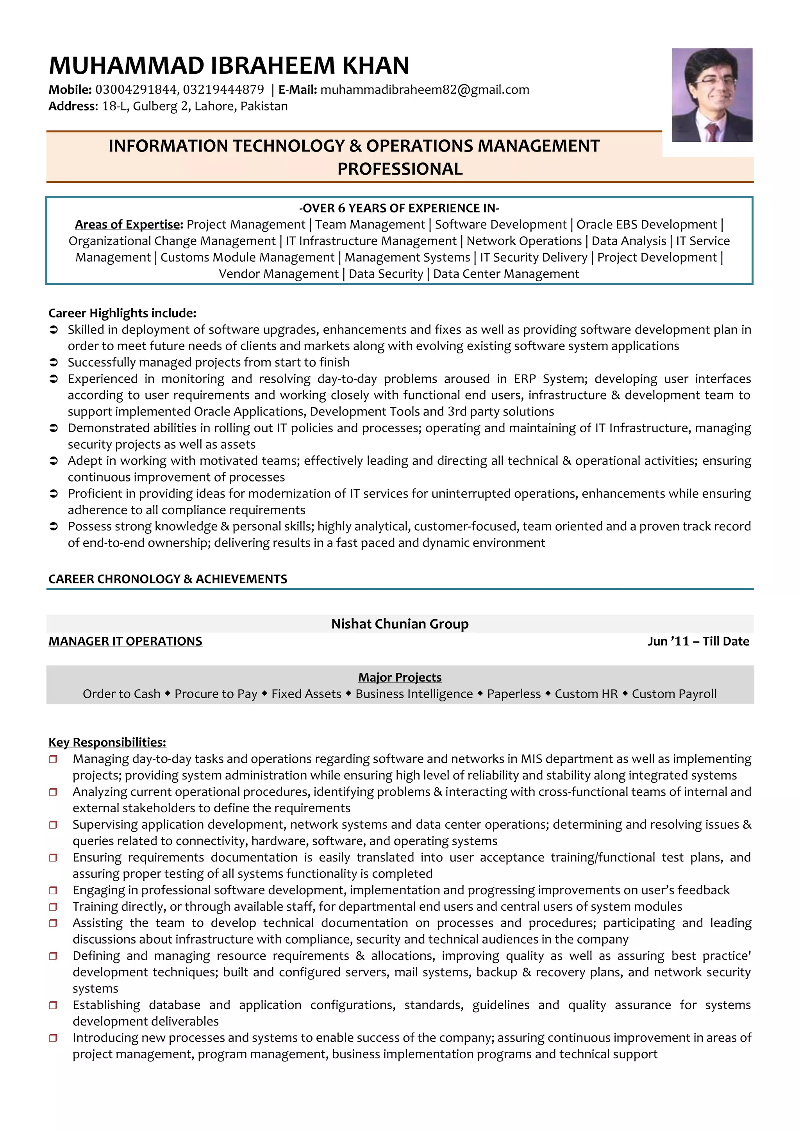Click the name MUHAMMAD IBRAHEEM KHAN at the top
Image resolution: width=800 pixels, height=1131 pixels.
coord(229,66)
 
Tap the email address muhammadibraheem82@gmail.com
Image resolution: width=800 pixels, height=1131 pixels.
coord(425,90)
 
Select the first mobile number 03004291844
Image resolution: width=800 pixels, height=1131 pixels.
coord(136,90)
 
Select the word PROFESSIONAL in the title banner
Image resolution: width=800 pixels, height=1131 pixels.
coord(400,169)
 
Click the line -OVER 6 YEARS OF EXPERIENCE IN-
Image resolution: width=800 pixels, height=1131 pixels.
coord(399,208)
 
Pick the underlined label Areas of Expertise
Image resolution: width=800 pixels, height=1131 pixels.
coord(129,225)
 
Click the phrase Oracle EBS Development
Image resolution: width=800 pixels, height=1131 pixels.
coord(646,225)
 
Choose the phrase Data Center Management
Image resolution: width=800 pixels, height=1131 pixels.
coord(506,274)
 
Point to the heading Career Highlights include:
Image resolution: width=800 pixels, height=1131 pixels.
coord(122,313)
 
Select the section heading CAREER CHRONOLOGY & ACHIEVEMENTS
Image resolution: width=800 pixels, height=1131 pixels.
coord(168,579)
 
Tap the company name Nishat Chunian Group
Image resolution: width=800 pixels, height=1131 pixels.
coord(400,624)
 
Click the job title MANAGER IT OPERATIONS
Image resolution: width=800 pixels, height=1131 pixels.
coord(125,641)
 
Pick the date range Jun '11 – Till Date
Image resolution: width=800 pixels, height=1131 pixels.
coord(698,641)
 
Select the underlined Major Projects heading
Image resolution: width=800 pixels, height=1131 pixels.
coord(400,677)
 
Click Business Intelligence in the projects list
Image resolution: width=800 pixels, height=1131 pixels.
coord(414,694)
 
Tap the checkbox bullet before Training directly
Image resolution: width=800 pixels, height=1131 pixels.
coord(53,907)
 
